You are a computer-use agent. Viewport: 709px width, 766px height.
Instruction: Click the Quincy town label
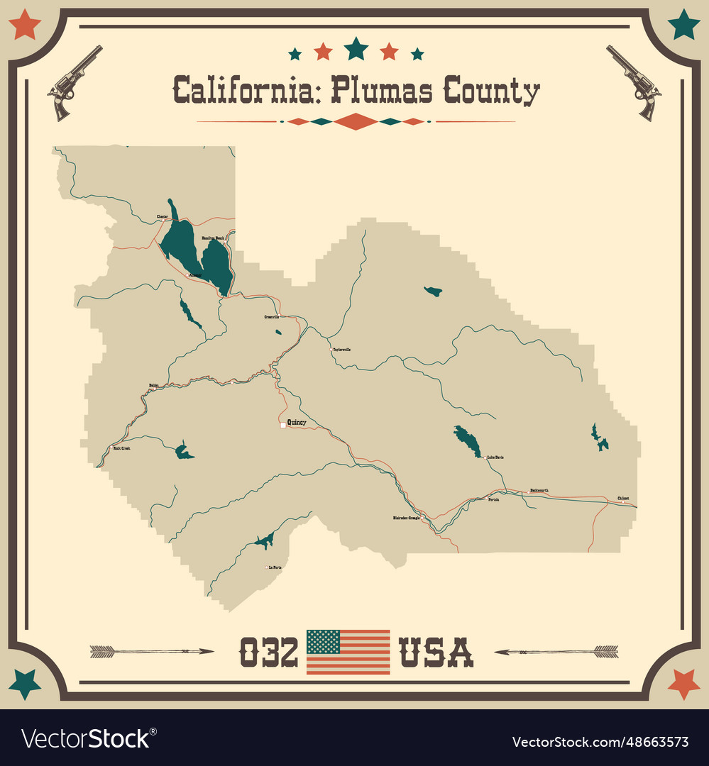297,423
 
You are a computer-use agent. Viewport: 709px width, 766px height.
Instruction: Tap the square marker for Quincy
283,425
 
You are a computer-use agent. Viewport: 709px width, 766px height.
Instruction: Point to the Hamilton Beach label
213,238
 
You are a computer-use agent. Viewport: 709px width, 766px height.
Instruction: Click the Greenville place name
272,316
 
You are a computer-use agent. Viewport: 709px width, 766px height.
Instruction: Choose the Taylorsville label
341,350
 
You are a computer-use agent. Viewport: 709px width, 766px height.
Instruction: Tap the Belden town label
154,385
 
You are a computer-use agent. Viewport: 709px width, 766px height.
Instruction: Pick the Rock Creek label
122,448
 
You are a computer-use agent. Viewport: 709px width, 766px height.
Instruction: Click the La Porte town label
274,567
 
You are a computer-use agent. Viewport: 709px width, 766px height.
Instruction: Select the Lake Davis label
495,458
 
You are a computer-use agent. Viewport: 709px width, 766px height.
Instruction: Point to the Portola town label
494,499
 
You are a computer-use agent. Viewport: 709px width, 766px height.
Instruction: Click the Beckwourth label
539,490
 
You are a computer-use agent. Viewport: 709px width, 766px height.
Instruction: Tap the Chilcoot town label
622,499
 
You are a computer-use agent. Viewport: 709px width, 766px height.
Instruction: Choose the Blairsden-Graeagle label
406,518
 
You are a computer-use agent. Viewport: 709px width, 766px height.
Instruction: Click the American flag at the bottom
348,651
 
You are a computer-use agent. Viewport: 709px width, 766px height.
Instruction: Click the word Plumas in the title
383,91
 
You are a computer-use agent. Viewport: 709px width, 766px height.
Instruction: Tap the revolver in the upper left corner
74,81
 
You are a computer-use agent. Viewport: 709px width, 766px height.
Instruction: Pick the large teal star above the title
356,48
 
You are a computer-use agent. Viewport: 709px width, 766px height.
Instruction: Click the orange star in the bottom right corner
683,683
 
